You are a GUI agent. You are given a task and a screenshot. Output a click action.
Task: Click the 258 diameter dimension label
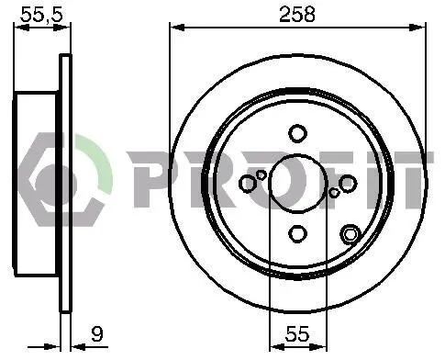tap(296, 15)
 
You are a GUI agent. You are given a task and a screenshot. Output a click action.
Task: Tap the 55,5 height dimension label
tap(41, 14)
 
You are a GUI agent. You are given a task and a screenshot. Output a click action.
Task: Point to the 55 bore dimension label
tap(297, 333)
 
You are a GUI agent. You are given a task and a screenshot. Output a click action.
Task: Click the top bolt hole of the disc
tap(297, 134)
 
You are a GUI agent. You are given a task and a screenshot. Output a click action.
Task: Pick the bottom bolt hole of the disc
tap(297, 233)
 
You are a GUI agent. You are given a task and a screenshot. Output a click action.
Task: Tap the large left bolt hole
tap(248, 184)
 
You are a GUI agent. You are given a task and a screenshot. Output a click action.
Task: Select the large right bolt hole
tap(348, 184)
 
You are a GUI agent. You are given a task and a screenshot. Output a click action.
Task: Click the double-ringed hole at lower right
tap(350, 234)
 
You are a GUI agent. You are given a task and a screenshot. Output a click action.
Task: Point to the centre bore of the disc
tap(297, 184)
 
